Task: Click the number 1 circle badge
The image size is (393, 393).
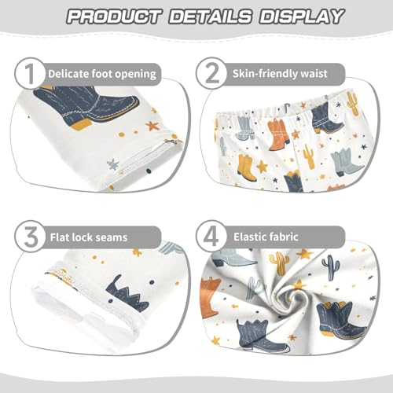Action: [29, 75]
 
